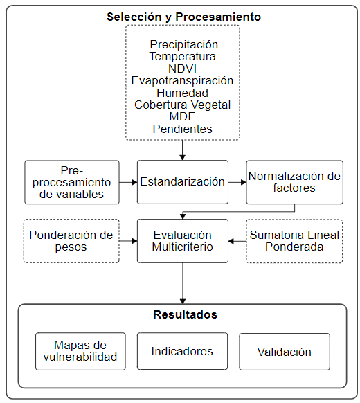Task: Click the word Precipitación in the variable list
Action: [x=183, y=45]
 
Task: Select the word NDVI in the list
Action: [x=183, y=69]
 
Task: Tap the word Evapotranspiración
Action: [x=183, y=80]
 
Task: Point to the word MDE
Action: [x=183, y=116]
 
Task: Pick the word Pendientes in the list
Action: [x=183, y=129]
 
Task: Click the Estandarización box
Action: [x=183, y=182]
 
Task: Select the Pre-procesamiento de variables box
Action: [x=72, y=182]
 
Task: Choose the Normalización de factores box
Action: [x=294, y=182]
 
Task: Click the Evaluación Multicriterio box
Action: [x=183, y=241]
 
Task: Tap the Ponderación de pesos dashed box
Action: [x=72, y=241]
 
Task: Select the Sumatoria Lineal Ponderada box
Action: [x=294, y=241]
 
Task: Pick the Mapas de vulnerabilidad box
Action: [x=80, y=351]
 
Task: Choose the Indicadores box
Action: [x=183, y=351]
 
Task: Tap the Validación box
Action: [x=285, y=351]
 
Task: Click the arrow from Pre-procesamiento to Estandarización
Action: [x=128, y=182]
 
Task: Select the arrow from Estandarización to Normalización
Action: [x=237, y=182]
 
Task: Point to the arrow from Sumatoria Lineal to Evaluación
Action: [x=237, y=241]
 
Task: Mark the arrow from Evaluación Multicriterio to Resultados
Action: [x=183, y=284]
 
